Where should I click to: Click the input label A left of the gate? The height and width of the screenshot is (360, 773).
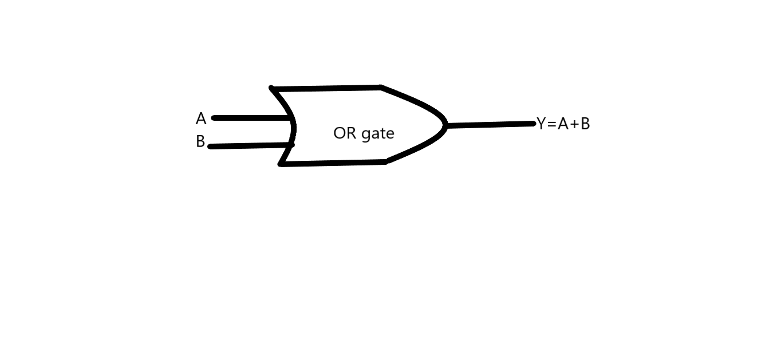click(200, 119)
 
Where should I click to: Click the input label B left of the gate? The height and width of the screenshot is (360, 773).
click(200, 141)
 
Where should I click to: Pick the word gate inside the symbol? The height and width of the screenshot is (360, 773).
click(378, 134)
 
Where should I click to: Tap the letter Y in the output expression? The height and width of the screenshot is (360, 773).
click(541, 124)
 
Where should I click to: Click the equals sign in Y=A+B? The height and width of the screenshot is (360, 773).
click(552, 124)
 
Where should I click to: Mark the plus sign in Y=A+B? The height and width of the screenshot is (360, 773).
click(574, 124)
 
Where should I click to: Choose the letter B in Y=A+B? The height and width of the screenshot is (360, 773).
click(585, 124)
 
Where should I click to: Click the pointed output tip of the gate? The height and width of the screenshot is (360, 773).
click(445, 125)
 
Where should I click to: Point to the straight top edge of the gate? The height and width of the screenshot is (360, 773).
click(326, 88)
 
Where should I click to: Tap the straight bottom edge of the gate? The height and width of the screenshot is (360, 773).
click(332, 163)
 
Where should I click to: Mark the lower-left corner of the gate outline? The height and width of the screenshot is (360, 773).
click(281, 164)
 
